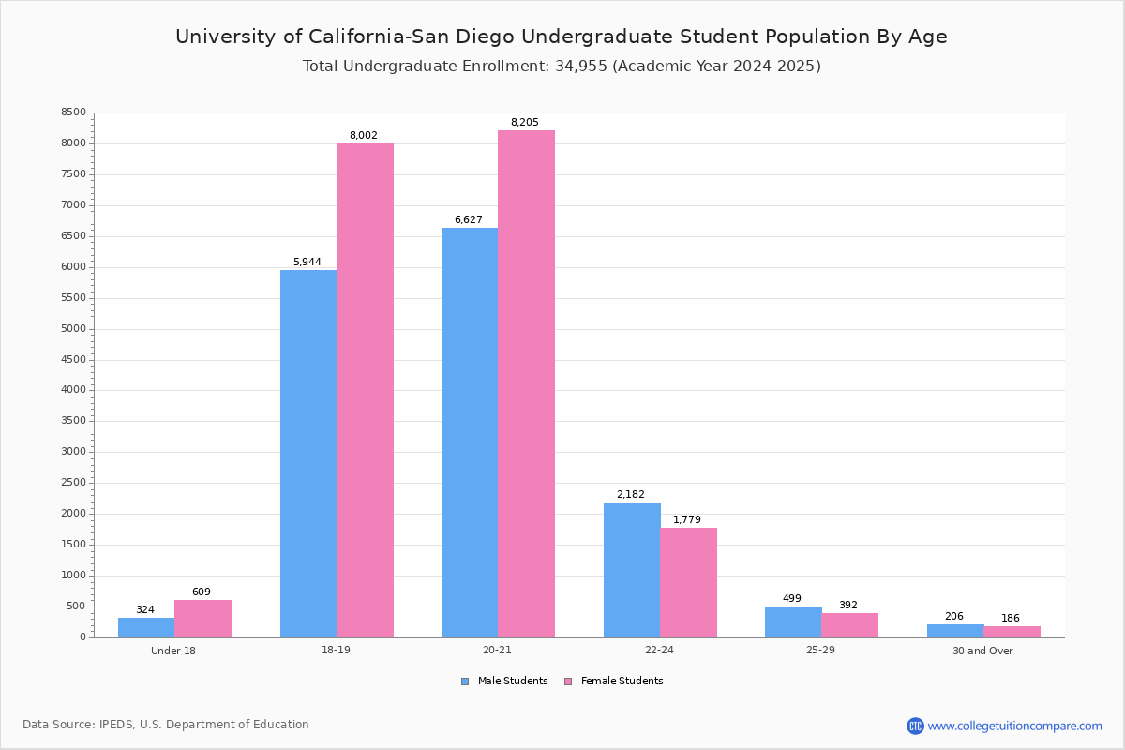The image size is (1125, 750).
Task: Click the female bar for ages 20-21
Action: [526, 383]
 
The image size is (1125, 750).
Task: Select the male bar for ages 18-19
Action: [308, 454]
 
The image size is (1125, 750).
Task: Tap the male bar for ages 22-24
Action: [632, 570]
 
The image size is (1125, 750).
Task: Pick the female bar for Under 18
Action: [202, 619]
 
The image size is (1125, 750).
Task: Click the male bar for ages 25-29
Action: [793, 622]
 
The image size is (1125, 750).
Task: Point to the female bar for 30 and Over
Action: [1012, 632]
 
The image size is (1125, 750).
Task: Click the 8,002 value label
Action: [364, 136]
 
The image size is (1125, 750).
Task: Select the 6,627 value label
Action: [469, 220]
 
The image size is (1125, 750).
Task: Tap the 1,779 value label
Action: [687, 520]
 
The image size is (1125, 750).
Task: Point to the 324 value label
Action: [145, 610]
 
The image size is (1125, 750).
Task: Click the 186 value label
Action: [1011, 619]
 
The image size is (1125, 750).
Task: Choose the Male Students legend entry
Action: [512, 682]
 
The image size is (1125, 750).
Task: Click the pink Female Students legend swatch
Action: [568, 682]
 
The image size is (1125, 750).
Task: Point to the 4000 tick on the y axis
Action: [74, 390]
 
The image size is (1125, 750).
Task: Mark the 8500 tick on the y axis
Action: [74, 112]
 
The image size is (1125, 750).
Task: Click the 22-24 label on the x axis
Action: [659, 651]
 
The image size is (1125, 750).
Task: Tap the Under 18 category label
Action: [173, 651]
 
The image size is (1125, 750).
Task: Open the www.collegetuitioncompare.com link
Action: [1014, 726]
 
